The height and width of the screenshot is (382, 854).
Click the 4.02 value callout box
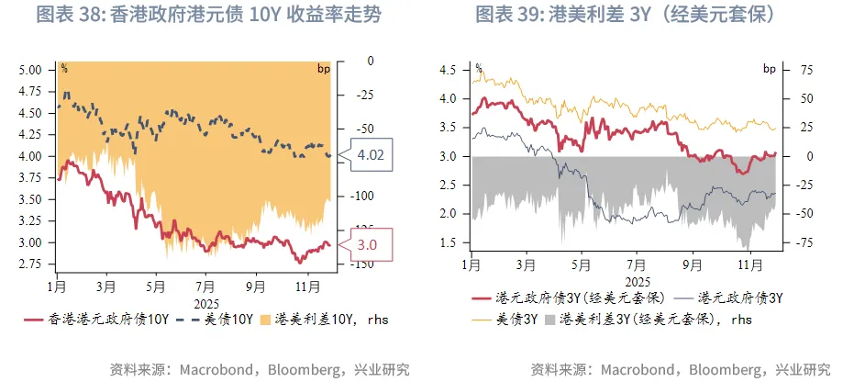click(x=370, y=155)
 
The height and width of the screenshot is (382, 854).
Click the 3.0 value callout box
click(x=366, y=244)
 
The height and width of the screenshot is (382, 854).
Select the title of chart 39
click(x=627, y=16)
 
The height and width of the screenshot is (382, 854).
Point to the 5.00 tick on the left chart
click(x=30, y=70)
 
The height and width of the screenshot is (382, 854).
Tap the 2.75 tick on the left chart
click(x=30, y=264)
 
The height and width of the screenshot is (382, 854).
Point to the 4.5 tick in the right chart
click(x=448, y=70)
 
